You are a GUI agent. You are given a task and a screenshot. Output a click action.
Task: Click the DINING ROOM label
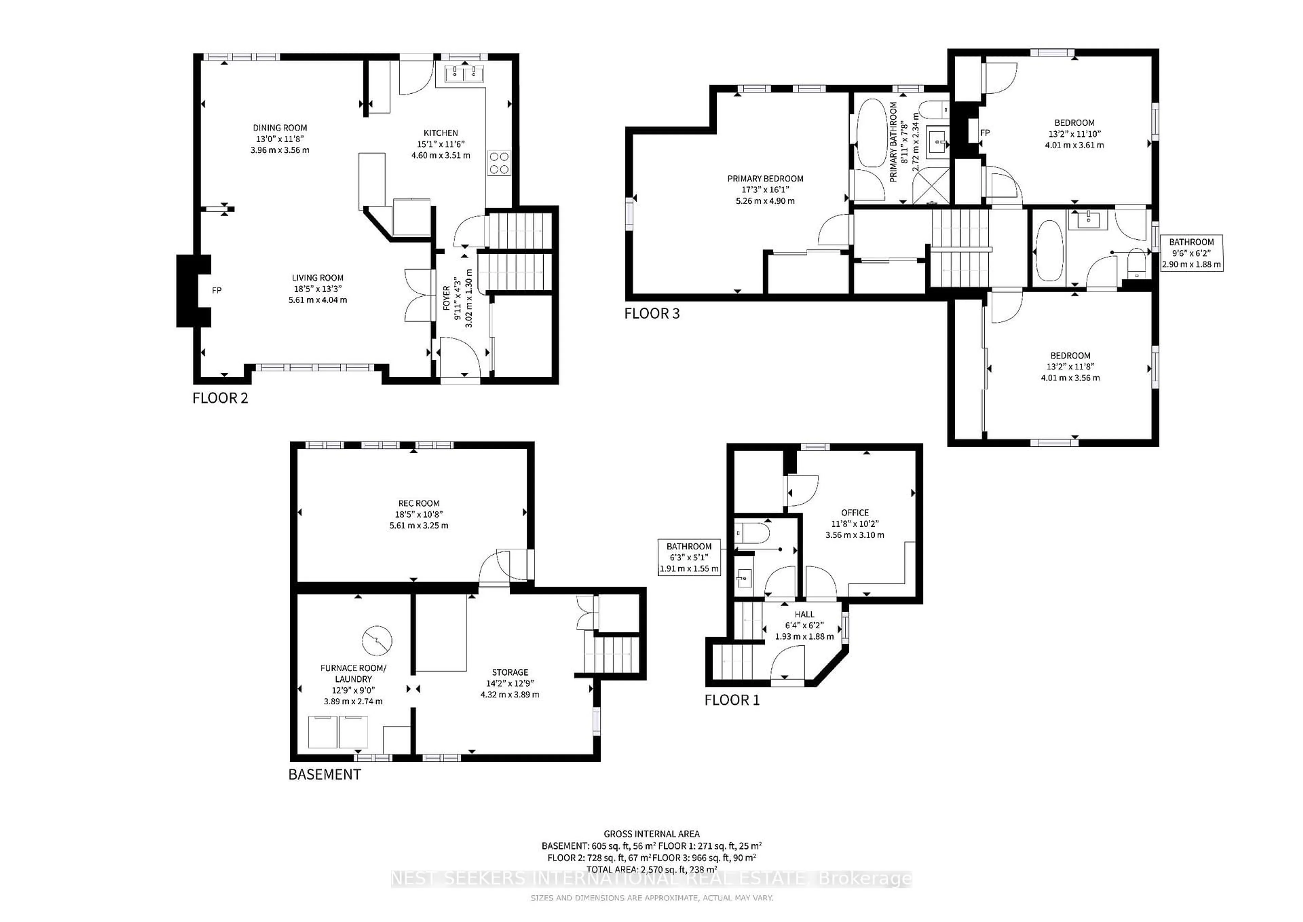pyautogui.click(x=280, y=139)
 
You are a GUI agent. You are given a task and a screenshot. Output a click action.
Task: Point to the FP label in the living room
pyautogui.click(x=216, y=291)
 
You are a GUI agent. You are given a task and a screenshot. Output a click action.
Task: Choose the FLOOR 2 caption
pyautogui.click(x=220, y=398)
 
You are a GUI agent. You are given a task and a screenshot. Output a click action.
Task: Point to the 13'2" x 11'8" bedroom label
pyautogui.click(x=1070, y=367)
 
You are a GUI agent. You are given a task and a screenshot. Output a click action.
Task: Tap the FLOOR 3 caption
pyautogui.click(x=651, y=313)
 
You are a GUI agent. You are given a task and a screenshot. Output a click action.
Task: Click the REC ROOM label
pyautogui.click(x=419, y=514)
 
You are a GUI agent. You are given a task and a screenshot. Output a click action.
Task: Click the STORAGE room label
pyautogui.click(x=510, y=683)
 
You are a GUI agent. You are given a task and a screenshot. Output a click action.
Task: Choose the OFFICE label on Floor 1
pyautogui.click(x=855, y=523)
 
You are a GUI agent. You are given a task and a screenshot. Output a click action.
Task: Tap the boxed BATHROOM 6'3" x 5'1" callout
pyautogui.click(x=689, y=557)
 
